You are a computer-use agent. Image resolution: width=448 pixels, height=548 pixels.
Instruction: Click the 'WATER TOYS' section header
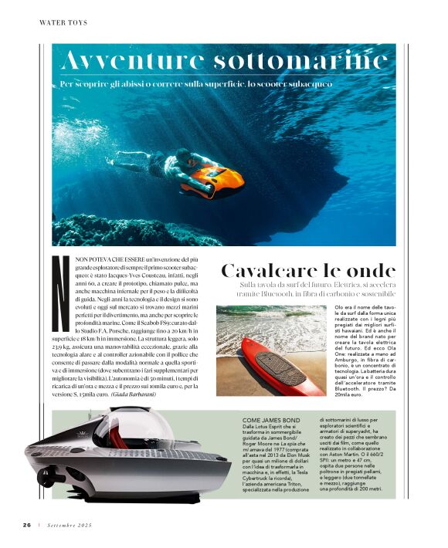63,23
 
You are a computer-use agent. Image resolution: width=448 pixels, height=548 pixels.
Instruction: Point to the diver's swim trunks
158,163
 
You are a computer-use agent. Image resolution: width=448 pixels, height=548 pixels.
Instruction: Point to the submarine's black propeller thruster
48,474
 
